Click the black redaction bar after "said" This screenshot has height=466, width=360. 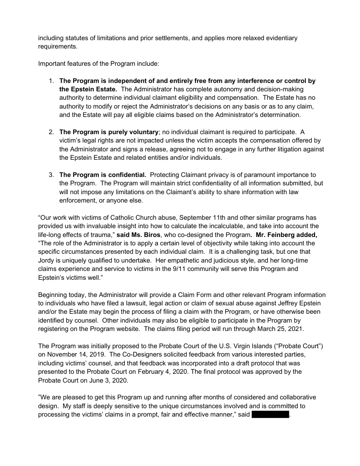(x=270, y=415)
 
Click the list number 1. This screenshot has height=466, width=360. (x=51, y=81)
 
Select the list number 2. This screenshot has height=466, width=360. (x=51, y=132)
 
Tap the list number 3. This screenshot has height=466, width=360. (x=51, y=175)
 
